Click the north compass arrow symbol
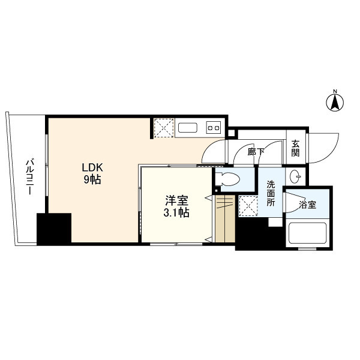[x=335, y=102]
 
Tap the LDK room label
[x=92, y=168]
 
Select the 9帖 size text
[x=92, y=179]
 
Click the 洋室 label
[x=176, y=200]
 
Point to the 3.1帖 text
[x=176, y=213]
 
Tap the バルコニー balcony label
[x=30, y=177]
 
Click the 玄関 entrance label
[x=295, y=149]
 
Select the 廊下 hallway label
[x=256, y=152]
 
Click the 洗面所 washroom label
[x=271, y=193]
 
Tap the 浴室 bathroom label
[x=307, y=205]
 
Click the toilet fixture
[x=228, y=179]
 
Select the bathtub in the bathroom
[x=308, y=233]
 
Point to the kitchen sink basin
[x=188, y=128]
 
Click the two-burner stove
[x=214, y=127]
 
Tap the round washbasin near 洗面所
[x=295, y=177]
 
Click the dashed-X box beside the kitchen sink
[x=164, y=128]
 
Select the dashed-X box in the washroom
[x=248, y=206]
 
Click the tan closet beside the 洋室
[x=225, y=218]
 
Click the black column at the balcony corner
[x=54, y=229]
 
